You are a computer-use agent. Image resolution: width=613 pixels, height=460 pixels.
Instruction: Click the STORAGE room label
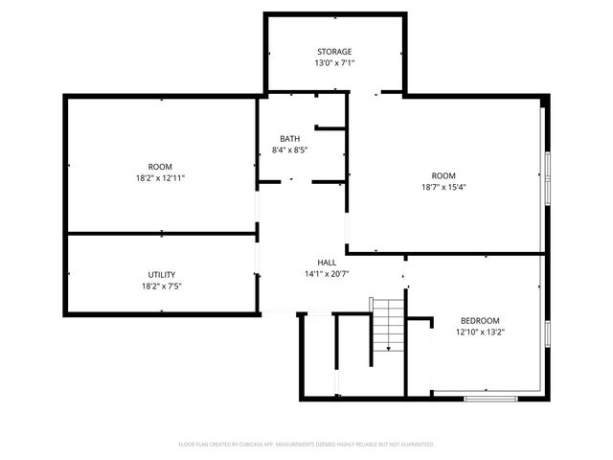coord(335,52)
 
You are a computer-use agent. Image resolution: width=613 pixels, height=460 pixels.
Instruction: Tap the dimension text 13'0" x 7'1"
coord(335,63)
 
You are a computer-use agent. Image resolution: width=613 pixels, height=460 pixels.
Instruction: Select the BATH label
coord(289,139)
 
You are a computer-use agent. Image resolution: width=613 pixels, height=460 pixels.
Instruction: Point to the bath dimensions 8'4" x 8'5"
coord(289,150)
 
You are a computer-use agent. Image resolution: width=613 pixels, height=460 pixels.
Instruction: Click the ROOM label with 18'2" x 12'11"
coord(160,166)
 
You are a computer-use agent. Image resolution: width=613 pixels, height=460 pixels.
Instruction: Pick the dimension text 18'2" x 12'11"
coord(160,177)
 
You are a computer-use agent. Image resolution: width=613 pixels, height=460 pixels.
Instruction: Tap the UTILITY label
coord(160,275)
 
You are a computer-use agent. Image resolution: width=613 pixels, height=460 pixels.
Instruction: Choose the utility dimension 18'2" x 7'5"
coord(160,287)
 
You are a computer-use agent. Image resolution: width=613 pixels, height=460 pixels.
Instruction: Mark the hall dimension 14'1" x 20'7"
coord(327,274)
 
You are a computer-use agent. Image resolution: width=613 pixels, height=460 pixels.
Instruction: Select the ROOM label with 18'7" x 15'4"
coord(443,175)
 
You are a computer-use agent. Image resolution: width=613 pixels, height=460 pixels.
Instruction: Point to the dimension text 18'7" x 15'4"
coord(443,187)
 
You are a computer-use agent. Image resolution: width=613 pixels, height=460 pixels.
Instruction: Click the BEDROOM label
coord(480,321)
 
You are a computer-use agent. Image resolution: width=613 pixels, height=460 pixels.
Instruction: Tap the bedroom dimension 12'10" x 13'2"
coord(480,333)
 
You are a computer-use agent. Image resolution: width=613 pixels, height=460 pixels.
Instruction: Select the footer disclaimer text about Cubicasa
coord(306,445)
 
